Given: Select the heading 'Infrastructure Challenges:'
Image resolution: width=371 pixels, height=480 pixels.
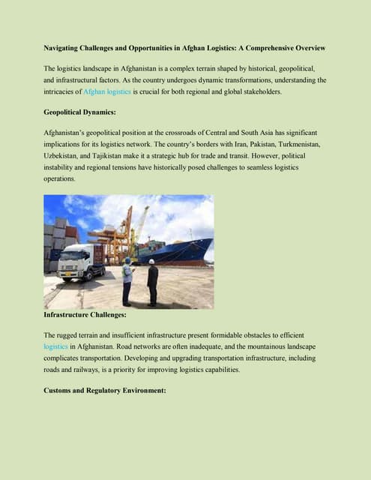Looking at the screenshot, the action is click(x=87, y=315).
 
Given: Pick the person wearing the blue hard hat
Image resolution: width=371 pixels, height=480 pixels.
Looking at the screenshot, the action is click(x=128, y=280).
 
